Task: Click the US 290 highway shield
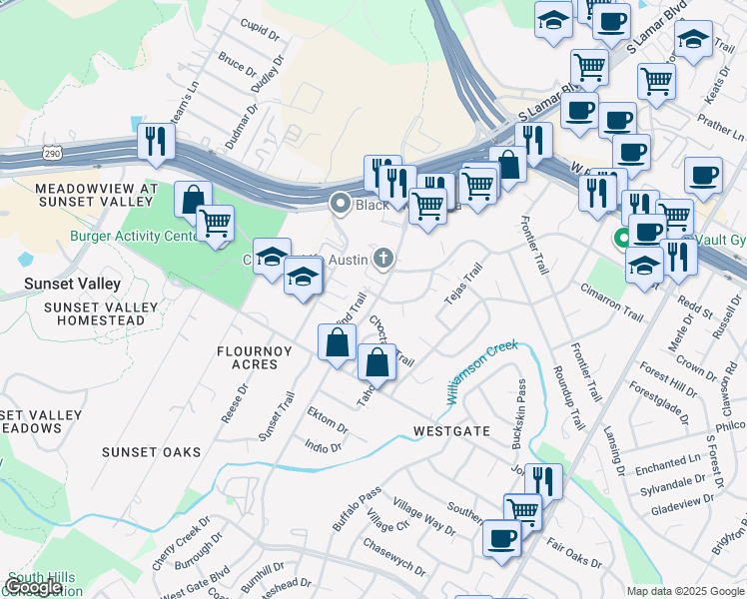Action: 53,153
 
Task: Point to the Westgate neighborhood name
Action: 452,431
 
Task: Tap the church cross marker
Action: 382,260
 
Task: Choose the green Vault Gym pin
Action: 621,239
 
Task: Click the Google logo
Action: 34,587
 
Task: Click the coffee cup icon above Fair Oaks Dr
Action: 501,538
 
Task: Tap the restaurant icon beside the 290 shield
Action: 155,141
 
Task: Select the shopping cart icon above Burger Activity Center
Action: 214,223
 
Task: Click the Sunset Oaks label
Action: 151,452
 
